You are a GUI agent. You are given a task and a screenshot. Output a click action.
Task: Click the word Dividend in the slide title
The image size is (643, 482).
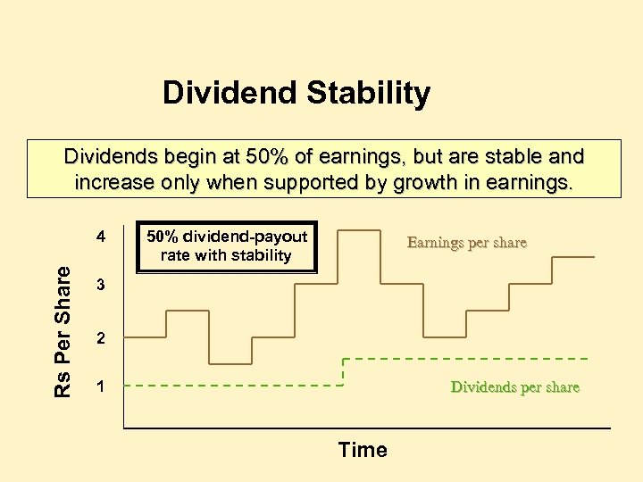point(220,93)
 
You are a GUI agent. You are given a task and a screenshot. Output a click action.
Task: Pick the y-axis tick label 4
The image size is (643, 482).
point(102,238)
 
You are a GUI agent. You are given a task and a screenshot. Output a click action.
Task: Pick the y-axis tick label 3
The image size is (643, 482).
point(102,287)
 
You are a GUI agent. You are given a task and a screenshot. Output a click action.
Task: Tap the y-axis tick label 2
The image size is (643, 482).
point(102,339)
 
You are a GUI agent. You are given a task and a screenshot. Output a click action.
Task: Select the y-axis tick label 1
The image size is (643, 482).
point(102,388)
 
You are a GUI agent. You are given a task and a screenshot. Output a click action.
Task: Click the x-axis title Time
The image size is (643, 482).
point(363,450)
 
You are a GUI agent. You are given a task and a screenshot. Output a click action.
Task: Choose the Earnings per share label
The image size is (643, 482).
point(466,242)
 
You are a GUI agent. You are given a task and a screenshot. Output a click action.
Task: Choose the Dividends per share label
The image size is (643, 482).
point(514,387)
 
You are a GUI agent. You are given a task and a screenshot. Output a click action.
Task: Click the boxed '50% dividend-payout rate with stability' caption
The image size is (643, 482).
point(227,246)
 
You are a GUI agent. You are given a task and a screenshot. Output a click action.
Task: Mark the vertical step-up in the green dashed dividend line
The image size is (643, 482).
point(345,372)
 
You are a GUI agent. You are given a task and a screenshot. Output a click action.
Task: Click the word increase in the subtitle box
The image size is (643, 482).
point(113,184)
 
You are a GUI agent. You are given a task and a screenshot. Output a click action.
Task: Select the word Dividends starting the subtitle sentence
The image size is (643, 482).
point(107,157)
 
